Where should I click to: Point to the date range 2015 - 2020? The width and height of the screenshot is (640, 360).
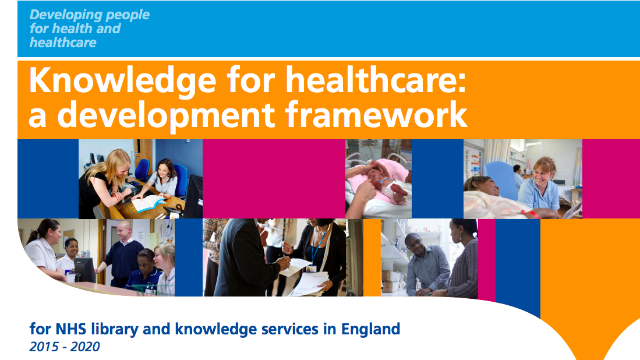coord(65,347)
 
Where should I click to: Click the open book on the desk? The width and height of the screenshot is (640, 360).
coord(148,203)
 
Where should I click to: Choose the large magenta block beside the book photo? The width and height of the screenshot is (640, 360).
coord(274,178)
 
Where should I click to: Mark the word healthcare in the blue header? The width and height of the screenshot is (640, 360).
coord(63,43)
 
